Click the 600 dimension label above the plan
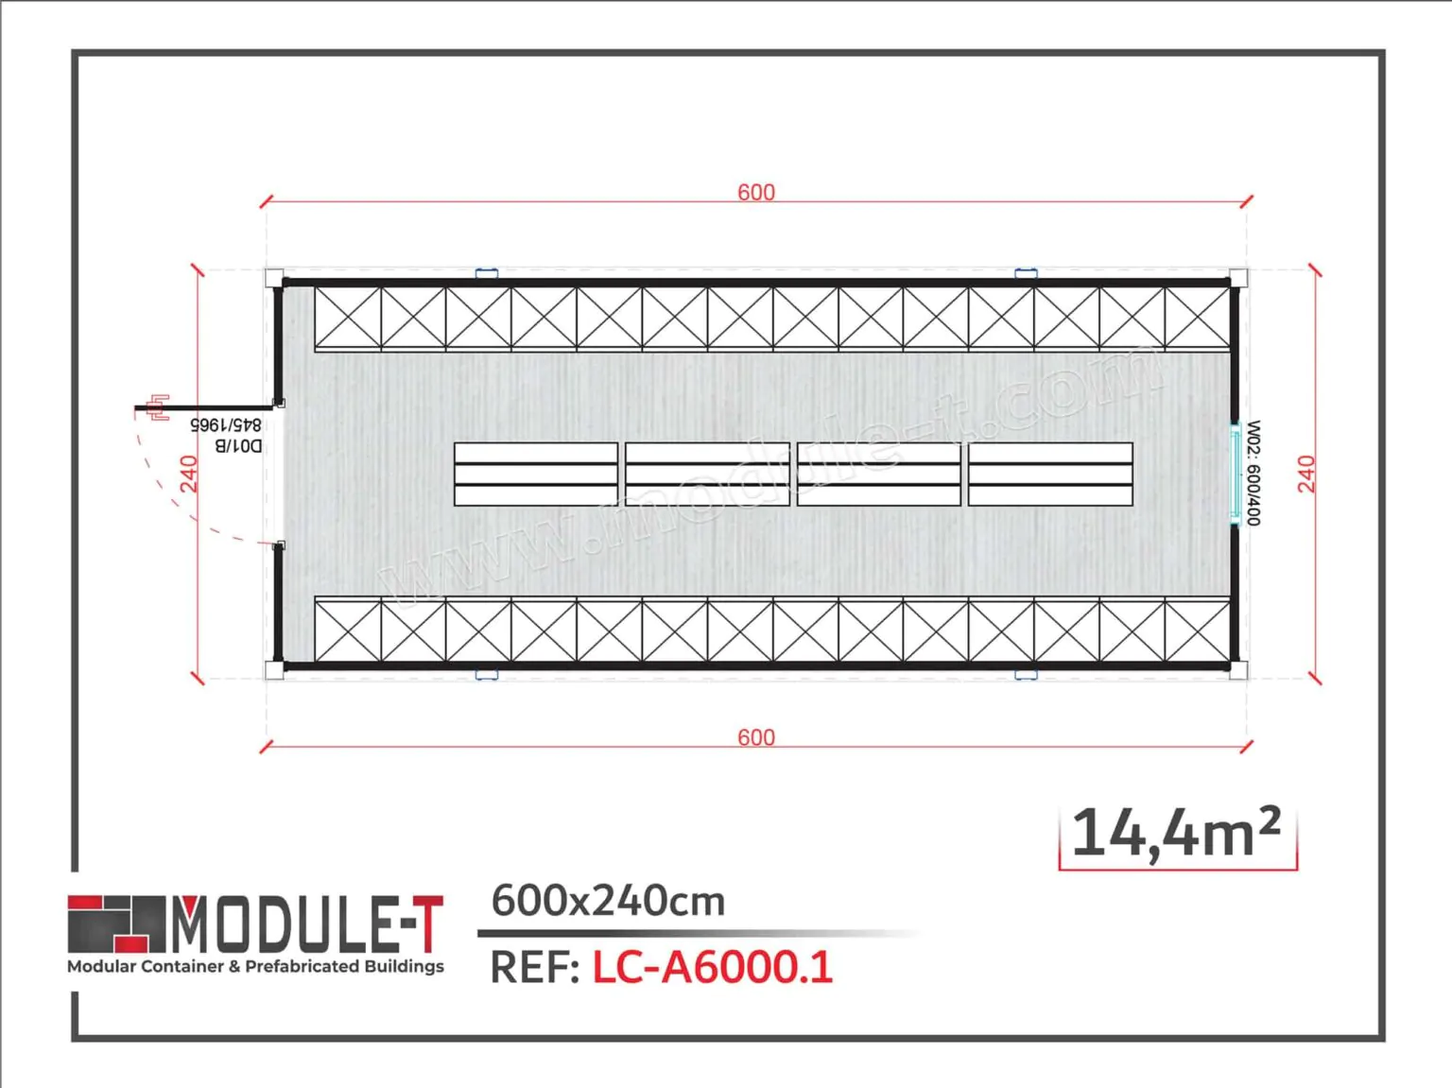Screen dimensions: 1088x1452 click(x=756, y=192)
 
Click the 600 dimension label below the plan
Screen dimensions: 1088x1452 click(x=756, y=737)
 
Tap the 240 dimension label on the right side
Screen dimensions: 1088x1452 click(x=1306, y=474)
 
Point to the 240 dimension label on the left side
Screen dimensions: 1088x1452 click(x=189, y=474)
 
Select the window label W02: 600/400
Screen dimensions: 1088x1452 click(x=1253, y=473)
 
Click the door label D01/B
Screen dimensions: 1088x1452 click(x=238, y=445)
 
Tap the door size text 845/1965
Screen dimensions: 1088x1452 click(x=226, y=425)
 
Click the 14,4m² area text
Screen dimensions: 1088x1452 click(x=1177, y=834)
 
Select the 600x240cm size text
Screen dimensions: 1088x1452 click(x=608, y=901)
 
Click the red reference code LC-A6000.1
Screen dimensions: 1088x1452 click(x=713, y=967)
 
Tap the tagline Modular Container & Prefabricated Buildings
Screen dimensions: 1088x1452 click(x=255, y=966)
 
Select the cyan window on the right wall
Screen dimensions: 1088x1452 click(x=1235, y=473)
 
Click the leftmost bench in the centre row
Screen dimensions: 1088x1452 click(x=536, y=475)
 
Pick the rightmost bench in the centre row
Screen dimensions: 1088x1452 click(x=1050, y=475)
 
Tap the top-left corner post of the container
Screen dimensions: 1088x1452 click(x=274, y=278)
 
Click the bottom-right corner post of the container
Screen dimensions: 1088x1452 click(x=1238, y=670)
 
